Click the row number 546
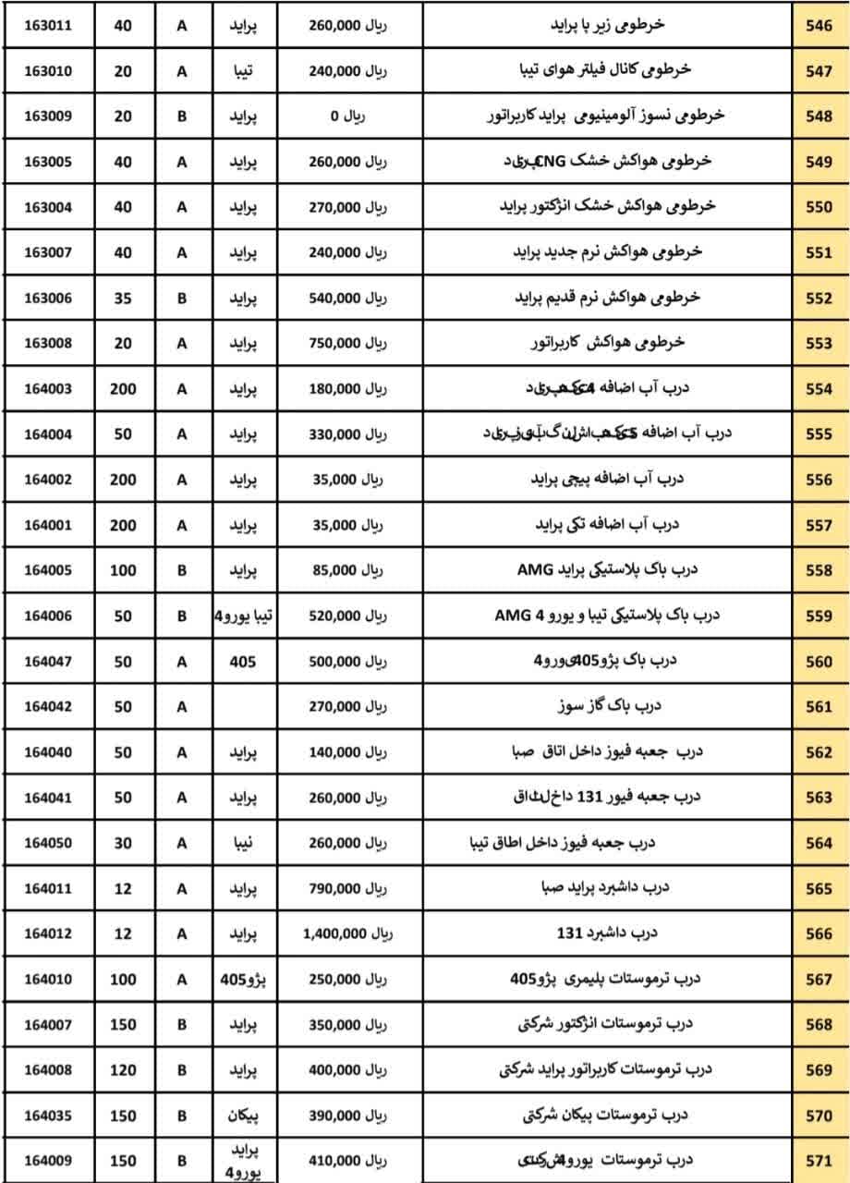pyautogui.click(x=819, y=27)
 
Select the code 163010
pyautogui.click(x=48, y=72)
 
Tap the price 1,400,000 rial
pyautogui.click(x=347, y=934)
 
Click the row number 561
pyautogui.click(x=819, y=707)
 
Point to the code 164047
pyautogui.click(x=48, y=662)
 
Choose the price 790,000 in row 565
pyautogui.click(x=347, y=889)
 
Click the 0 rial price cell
pyautogui.click(x=347, y=117)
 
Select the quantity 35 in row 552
pyautogui.click(x=124, y=299)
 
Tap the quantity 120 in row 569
pyautogui.click(x=124, y=1070)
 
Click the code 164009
pyautogui.click(x=48, y=1161)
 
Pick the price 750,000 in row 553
pyautogui.click(x=347, y=344)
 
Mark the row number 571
pyautogui.click(x=819, y=1161)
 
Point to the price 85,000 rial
pyautogui.click(x=347, y=571)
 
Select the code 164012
pyautogui.click(x=48, y=934)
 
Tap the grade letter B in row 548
pyautogui.click(x=182, y=117)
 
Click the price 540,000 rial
pyautogui.click(x=347, y=299)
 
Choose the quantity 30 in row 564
pyautogui.click(x=124, y=844)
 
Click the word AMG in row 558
pyautogui.click(x=534, y=570)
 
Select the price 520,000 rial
pyautogui.click(x=347, y=616)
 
